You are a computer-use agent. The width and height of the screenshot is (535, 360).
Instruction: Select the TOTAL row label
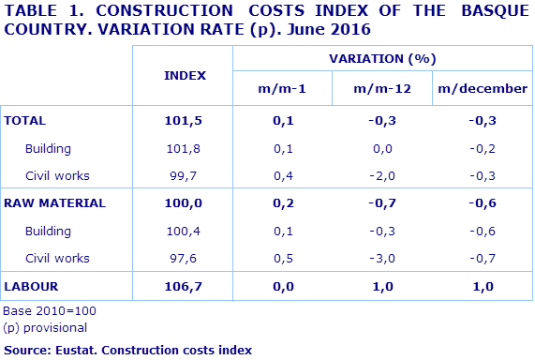[25, 121]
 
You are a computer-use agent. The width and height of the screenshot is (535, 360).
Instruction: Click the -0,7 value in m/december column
[483, 257]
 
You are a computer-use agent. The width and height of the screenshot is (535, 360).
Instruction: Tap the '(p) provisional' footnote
[45, 327]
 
